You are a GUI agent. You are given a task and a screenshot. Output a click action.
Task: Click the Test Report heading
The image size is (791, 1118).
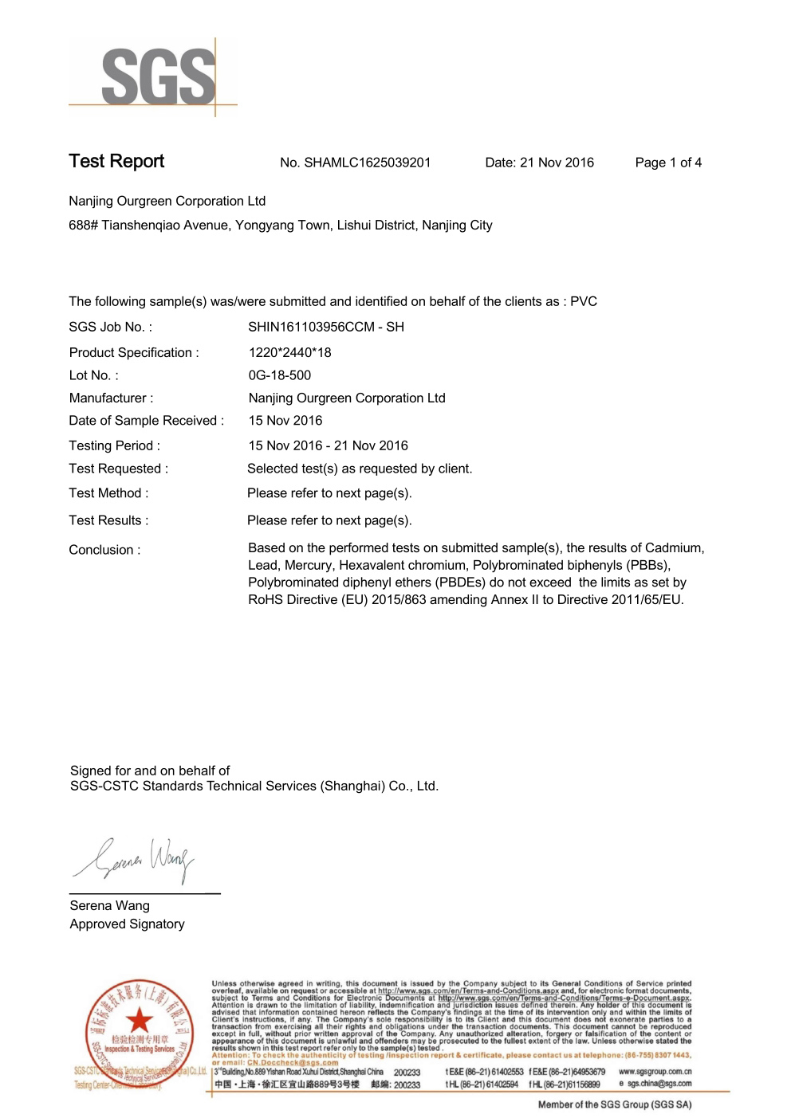point(116,162)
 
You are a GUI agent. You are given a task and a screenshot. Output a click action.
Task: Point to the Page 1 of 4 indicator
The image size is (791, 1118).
point(668,163)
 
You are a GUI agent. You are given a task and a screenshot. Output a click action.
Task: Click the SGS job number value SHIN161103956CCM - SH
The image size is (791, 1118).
point(326,327)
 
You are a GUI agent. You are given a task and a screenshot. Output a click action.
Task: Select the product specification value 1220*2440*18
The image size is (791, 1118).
point(289,352)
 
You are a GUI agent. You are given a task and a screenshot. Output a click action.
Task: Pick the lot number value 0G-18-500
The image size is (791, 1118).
point(280,375)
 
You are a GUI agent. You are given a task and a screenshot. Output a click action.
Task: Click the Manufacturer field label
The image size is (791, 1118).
point(111,398)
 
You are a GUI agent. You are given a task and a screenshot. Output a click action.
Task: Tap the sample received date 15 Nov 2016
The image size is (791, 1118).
point(285,420)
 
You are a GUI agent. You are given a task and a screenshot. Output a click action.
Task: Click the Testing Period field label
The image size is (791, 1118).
point(114,445)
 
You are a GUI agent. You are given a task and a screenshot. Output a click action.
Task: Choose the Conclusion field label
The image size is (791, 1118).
point(104,550)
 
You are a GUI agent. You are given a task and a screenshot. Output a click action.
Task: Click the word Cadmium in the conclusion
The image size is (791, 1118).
point(674,548)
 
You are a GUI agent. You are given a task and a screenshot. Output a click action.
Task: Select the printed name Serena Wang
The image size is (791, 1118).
point(109,905)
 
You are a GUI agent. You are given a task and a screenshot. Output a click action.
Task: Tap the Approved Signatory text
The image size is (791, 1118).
point(127,924)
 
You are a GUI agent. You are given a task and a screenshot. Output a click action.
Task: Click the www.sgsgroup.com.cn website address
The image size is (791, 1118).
point(655,1072)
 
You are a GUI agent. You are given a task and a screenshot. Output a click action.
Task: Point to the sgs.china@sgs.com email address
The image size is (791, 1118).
point(659,1084)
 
